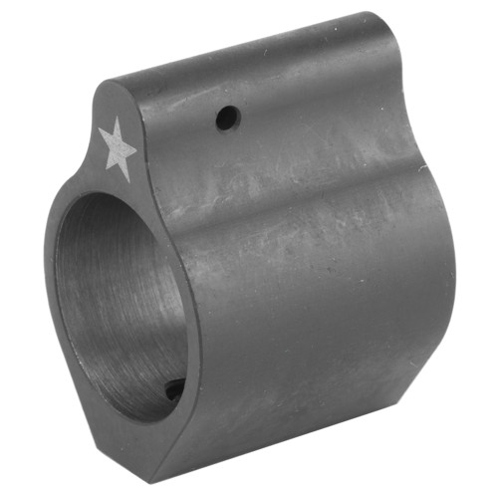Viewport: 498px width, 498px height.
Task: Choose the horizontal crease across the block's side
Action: pyautogui.click(x=299, y=199)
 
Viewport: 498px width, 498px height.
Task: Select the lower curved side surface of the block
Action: pyautogui.click(x=319, y=329)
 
